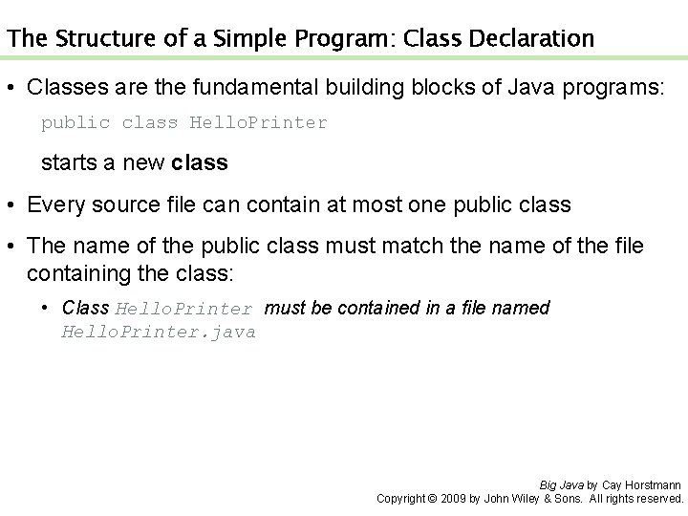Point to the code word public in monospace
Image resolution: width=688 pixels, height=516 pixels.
click(74, 123)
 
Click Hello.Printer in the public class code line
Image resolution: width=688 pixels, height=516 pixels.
click(259, 123)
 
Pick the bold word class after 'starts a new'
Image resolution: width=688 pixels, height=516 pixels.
click(200, 162)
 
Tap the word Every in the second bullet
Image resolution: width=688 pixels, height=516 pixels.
click(54, 204)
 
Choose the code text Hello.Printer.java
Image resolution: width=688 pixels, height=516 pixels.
click(159, 333)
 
